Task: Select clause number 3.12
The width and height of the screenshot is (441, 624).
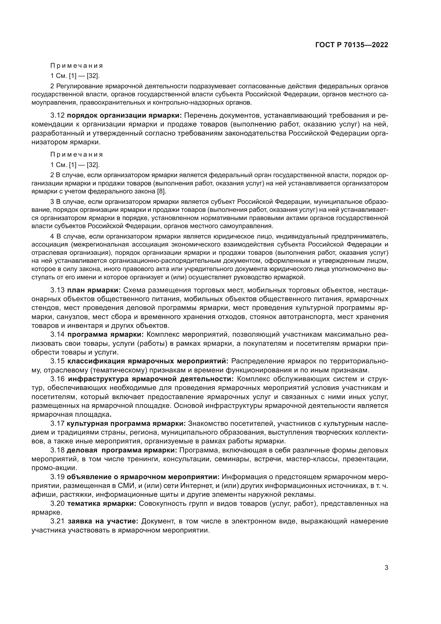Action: (x=57, y=116)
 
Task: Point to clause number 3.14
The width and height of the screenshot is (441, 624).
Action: (x=57, y=335)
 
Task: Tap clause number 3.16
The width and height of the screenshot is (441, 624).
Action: (x=57, y=379)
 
